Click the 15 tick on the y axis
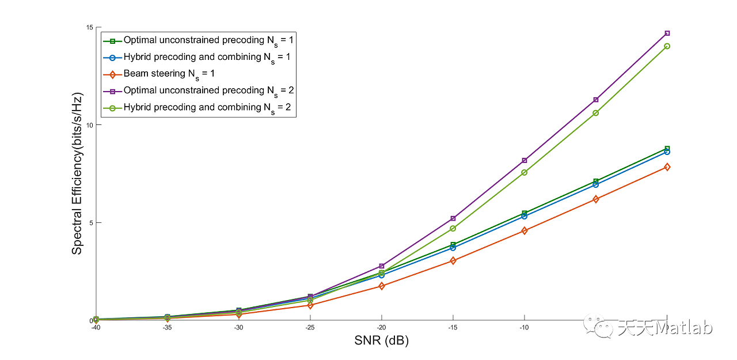pyautogui.click(x=89, y=28)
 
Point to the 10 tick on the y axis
pyautogui.click(x=89, y=125)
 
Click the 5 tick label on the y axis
pyautogui.click(x=91, y=223)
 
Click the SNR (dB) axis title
pyautogui.click(x=381, y=341)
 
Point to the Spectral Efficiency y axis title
pyautogui.click(x=77, y=173)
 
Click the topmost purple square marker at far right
pyautogui.click(x=667, y=33)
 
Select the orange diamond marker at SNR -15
pyautogui.click(x=453, y=261)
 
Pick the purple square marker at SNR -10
pyautogui.click(x=525, y=160)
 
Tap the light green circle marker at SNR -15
pyautogui.click(x=453, y=229)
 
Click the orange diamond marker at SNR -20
pyautogui.click(x=382, y=286)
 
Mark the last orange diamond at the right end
pyautogui.click(x=667, y=167)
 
